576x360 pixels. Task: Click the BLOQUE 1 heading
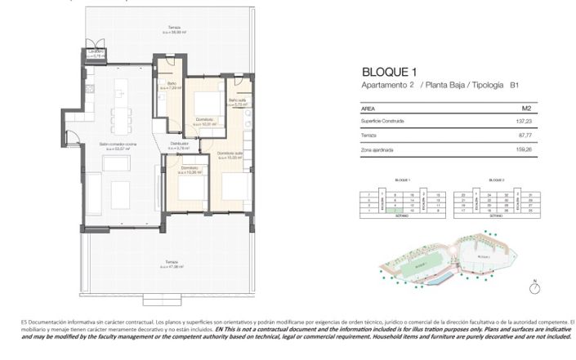391,72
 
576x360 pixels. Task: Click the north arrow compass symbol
534,286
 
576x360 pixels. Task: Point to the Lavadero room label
96,53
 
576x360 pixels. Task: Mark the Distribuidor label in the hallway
181,144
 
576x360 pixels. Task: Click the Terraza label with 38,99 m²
173,29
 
